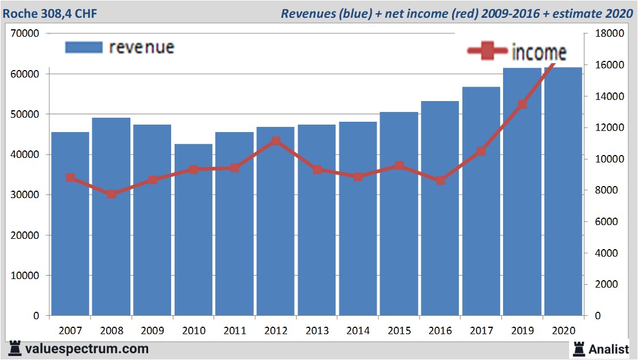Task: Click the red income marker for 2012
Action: coord(276,141)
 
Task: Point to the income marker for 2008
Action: coord(111,194)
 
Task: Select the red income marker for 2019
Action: coord(522,104)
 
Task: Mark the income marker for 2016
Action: coord(440,180)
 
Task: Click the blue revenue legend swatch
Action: coord(83,47)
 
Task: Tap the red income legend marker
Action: coord(487,52)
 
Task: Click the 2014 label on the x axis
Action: coord(358,331)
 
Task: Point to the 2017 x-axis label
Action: coord(481,331)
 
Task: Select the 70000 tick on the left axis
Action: coord(25,33)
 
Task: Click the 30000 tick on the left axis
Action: coord(25,195)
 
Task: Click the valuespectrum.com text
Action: coord(87,349)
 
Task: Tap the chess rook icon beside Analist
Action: coord(579,349)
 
